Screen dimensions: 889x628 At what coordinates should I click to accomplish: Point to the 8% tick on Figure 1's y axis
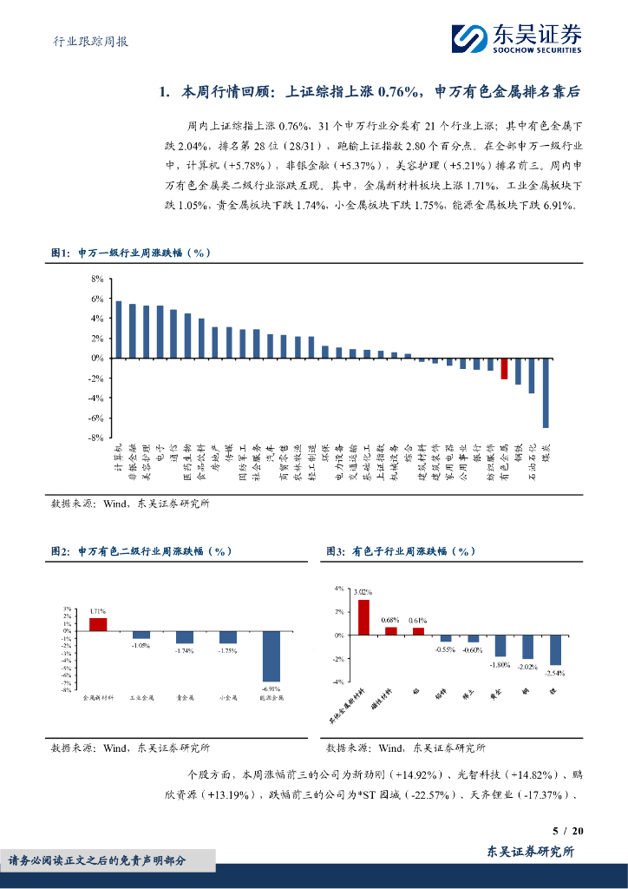point(97,279)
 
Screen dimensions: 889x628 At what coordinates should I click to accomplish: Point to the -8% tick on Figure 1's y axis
point(96,438)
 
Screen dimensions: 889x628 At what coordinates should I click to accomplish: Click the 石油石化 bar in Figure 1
point(532,376)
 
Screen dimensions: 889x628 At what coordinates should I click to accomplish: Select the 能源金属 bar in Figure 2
point(271,656)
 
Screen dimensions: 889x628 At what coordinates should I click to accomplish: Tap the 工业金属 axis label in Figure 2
point(141,696)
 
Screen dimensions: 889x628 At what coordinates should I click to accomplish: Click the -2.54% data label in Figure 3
point(555,673)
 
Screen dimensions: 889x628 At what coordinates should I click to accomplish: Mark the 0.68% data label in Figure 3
point(390,620)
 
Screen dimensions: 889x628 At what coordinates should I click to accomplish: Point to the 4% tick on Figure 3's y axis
point(339,589)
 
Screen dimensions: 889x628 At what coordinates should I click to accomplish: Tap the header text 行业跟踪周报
point(86,41)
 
